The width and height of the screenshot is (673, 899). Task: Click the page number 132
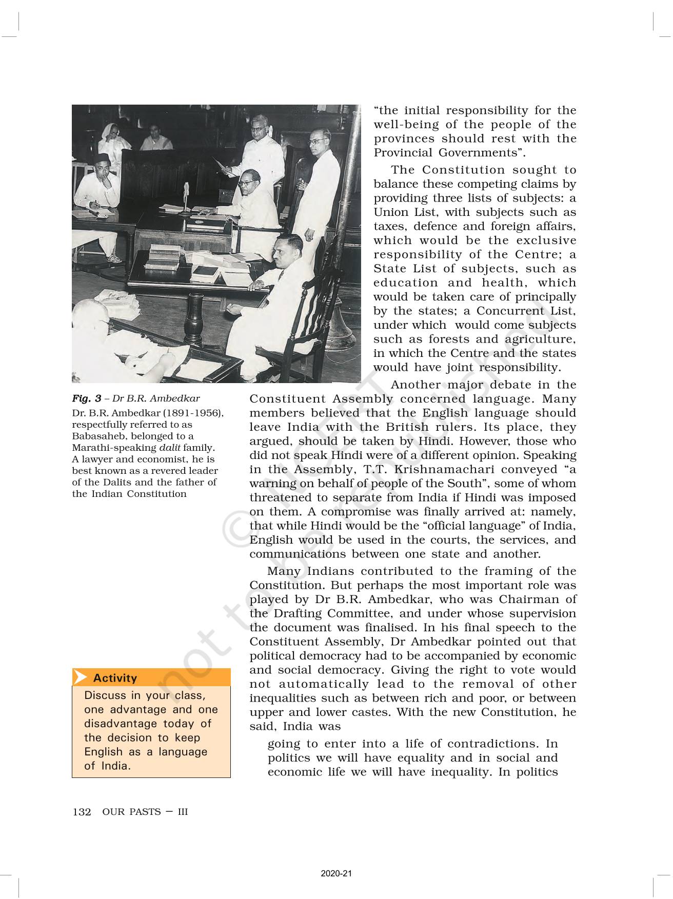coord(82,812)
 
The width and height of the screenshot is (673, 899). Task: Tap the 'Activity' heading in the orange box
coord(115,678)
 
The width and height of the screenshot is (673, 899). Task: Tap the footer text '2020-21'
coord(336,874)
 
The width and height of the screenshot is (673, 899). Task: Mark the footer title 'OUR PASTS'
coord(131,812)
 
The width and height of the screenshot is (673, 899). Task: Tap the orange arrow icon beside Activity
coord(80,677)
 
